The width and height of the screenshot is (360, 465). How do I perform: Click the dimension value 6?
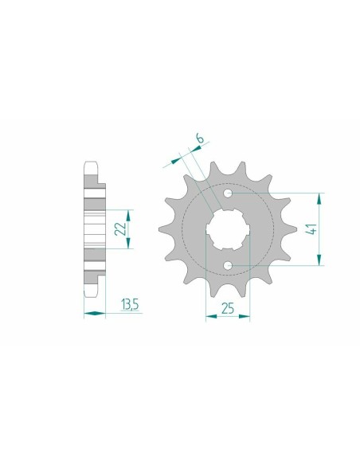[x=200, y=139]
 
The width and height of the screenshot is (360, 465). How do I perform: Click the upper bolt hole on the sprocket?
[x=228, y=193]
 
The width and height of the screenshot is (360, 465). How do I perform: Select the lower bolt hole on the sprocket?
[x=228, y=265]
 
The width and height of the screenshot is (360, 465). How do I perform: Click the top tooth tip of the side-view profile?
[x=92, y=165]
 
